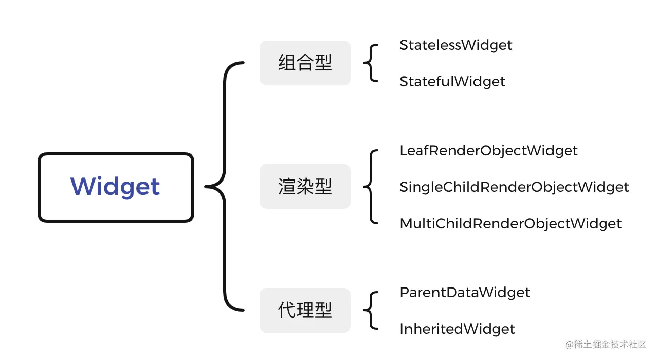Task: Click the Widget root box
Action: pos(116,187)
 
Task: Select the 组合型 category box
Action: pos(305,63)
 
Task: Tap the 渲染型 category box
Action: pos(305,187)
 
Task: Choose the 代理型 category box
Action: pos(305,310)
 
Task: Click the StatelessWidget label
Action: pos(456,45)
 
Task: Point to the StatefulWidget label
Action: pos(452,82)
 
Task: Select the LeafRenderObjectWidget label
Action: pos(488,151)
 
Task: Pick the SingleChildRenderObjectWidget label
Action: pos(514,187)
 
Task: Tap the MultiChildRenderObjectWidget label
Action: pos(510,224)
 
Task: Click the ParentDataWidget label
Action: pos(464,293)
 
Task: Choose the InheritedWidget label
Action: pos(457,329)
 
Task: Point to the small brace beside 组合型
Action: pos(371,63)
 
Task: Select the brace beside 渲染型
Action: pos(371,187)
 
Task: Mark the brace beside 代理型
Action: pos(371,310)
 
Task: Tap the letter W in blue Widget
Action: pos(82,187)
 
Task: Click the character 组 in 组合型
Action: pos(287,63)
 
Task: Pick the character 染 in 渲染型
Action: pos(305,187)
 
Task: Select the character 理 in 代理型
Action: pos(305,310)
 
